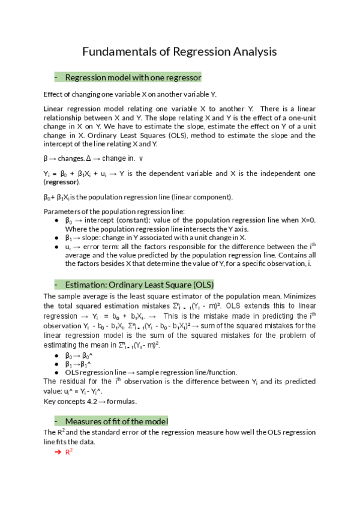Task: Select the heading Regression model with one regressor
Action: pyautogui.click(x=133, y=77)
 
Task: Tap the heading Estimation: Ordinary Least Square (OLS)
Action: pyautogui.click(x=139, y=285)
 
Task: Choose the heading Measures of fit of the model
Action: pyautogui.click(x=116, y=420)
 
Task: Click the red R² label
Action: pyautogui.click(x=68, y=450)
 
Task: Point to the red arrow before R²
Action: pyautogui.click(x=58, y=451)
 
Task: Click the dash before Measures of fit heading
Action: pyautogui.click(x=55, y=420)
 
